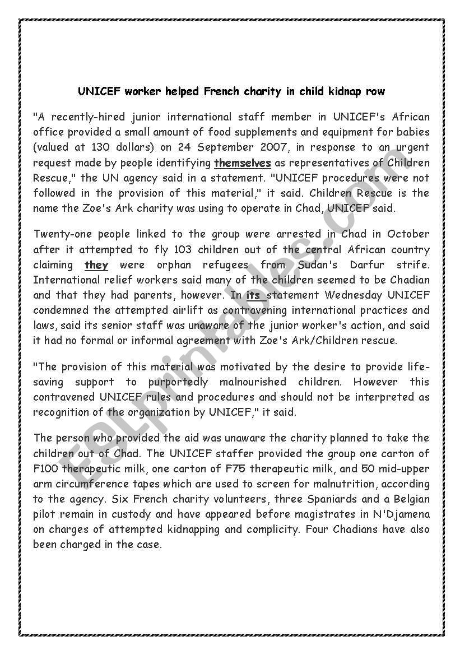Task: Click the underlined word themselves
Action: [243, 163]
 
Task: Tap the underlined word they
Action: [96, 264]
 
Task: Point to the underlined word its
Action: [254, 295]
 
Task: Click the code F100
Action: [46, 468]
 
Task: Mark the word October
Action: [408, 234]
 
